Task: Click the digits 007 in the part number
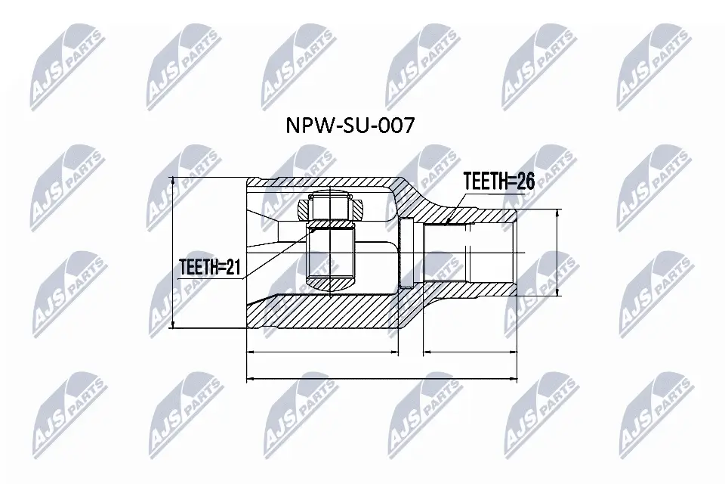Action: (396, 126)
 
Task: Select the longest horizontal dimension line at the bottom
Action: (382, 378)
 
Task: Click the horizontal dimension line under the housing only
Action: (322, 352)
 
